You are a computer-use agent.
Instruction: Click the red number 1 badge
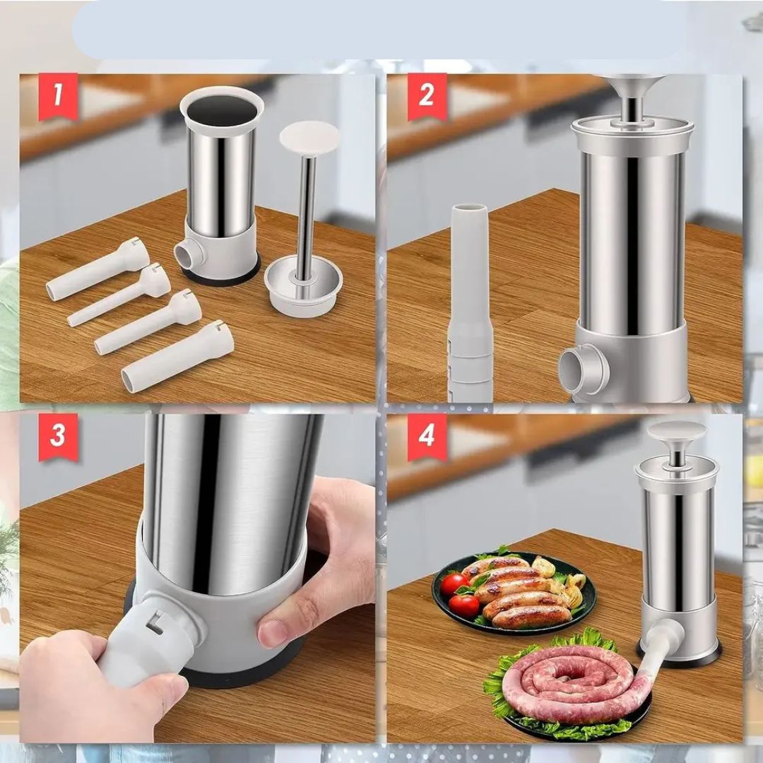[x=59, y=96]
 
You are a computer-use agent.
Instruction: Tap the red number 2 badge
[x=427, y=96]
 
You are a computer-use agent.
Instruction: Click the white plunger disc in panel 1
[x=309, y=138]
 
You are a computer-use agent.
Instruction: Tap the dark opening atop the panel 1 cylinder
[x=222, y=110]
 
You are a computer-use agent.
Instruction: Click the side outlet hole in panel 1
[x=186, y=254]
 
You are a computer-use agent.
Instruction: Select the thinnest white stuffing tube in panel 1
[x=119, y=295]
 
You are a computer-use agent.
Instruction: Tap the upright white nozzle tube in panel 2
[x=470, y=302]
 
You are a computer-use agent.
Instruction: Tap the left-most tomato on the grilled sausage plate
[x=454, y=584]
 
